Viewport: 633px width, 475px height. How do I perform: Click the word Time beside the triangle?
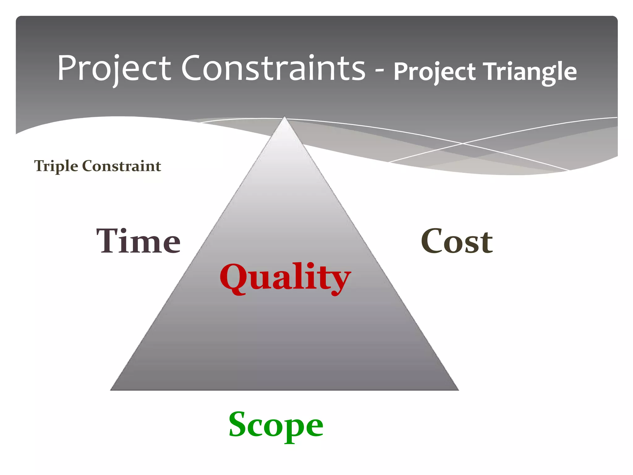(x=138, y=241)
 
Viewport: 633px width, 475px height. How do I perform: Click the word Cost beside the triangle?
(x=457, y=241)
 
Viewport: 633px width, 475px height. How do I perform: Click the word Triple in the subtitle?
(x=56, y=166)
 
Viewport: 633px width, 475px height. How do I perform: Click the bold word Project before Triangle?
(x=434, y=72)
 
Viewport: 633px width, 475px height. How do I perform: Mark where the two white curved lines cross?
(x=463, y=143)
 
